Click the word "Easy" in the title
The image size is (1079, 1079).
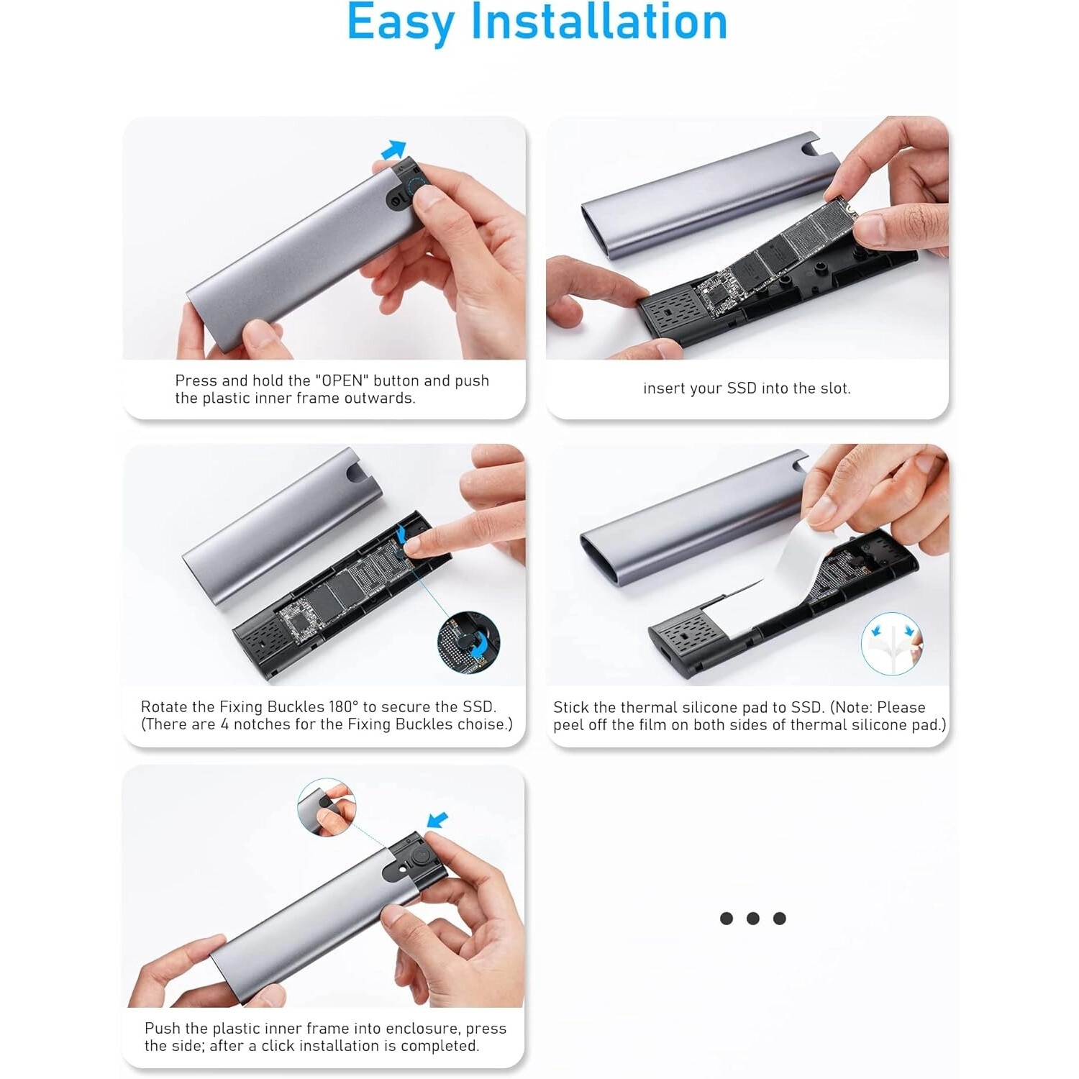click(x=400, y=23)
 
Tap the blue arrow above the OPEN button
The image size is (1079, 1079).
click(x=393, y=150)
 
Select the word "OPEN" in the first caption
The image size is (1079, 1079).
click(x=342, y=381)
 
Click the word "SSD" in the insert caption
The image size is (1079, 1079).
click(x=742, y=388)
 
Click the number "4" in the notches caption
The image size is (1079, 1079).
click(x=224, y=724)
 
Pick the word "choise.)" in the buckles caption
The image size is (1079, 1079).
click(x=485, y=724)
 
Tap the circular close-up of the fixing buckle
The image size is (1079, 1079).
click(x=468, y=643)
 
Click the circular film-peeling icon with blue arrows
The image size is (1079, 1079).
click(x=892, y=644)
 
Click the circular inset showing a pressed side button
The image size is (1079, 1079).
click(x=327, y=807)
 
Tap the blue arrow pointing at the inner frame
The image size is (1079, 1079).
click(x=437, y=820)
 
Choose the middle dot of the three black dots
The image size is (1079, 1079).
click(x=753, y=919)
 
